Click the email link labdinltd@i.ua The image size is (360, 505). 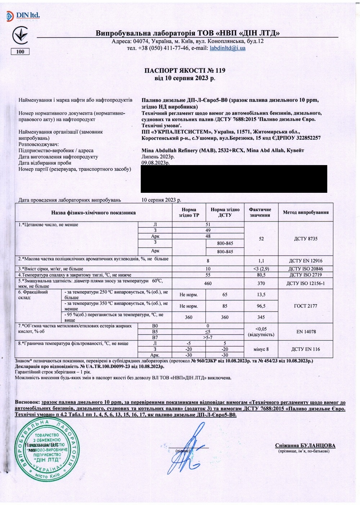click(x=228, y=48)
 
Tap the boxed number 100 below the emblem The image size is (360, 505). click(x=20, y=51)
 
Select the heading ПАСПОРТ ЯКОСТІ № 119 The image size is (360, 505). click(x=185, y=70)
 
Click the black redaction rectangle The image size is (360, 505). click(x=234, y=179)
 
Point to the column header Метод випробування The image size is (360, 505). click(x=306, y=212)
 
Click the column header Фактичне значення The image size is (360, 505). click(x=260, y=212)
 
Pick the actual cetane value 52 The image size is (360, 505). click(x=261, y=238)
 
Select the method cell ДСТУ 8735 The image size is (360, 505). click(x=306, y=238)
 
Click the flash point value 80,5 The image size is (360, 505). click(x=261, y=275)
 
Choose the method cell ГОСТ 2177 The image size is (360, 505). click(x=306, y=306)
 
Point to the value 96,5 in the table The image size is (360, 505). click(x=261, y=306)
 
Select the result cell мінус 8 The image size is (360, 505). click(x=261, y=349)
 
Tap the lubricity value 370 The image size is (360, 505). click(x=261, y=283)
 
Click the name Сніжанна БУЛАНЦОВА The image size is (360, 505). click(x=305, y=446)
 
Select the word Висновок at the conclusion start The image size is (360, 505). click(x=27, y=402)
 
